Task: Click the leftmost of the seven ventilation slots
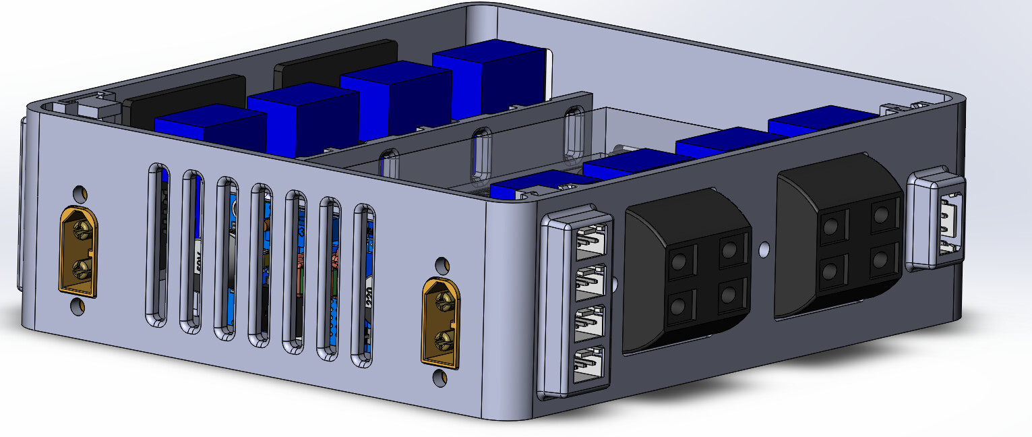click(157, 245)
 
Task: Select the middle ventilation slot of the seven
click(260, 264)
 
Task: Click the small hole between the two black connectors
click(763, 250)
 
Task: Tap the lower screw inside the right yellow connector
click(443, 339)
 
